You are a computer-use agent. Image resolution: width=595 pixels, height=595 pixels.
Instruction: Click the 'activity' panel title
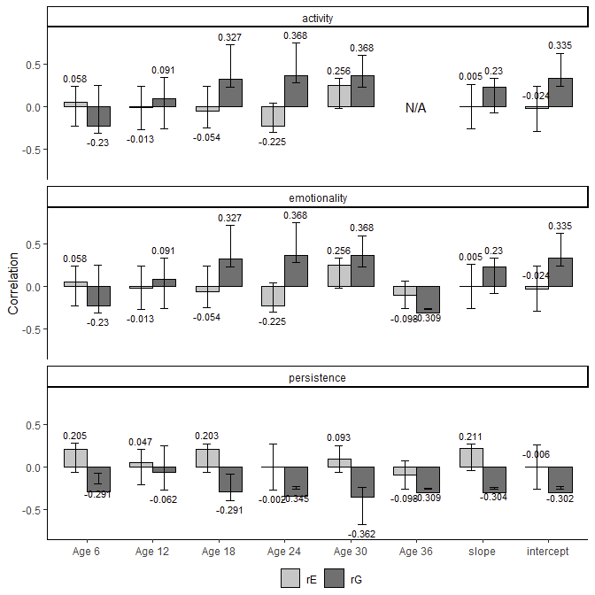click(x=317, y=18)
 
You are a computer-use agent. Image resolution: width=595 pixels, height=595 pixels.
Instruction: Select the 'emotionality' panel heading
click(x=317, y=197)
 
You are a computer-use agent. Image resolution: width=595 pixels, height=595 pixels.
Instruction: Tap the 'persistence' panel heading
click(x=317, y=378)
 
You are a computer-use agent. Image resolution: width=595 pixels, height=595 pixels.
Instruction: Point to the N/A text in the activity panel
click(x=416, y=108)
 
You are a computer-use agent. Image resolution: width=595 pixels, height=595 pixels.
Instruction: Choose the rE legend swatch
click(x=290, y=578)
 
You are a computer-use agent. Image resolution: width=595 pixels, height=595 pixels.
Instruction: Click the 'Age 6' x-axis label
click(x=86, y=552)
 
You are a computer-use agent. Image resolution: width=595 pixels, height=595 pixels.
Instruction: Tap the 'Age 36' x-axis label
click(x=416, y=552)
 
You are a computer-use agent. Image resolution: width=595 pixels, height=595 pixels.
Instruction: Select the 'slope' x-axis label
click(x=482, y=552)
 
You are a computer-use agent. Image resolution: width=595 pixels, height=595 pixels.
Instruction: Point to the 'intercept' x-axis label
click(x=548, y=552)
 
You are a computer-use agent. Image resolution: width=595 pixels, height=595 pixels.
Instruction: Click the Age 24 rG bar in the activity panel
click(x=296, y=91)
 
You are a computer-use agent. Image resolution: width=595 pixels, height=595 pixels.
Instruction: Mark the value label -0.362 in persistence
click(x=361, y=534)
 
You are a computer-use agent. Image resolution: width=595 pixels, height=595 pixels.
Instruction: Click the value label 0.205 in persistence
click(x=75, y=436)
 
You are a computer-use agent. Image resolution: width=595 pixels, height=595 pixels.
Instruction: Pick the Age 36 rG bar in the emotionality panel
click(x=428, y=299)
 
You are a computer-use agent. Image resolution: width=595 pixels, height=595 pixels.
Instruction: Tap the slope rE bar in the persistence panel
click(x=471, y=457)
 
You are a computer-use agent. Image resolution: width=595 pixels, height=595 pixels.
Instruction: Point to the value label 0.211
click(x=471, y=436)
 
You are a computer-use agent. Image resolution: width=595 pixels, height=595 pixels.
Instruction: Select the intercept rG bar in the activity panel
click(x=560, y=93)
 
